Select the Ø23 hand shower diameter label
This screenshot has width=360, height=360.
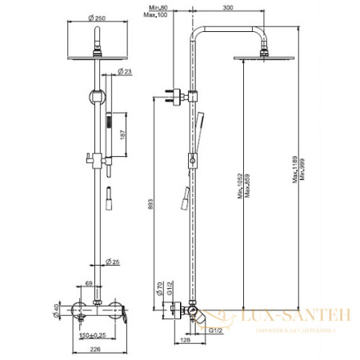pyautogui.click(x=126, y=73)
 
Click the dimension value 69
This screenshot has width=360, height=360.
pyautogui.click(x=90, y=283)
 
